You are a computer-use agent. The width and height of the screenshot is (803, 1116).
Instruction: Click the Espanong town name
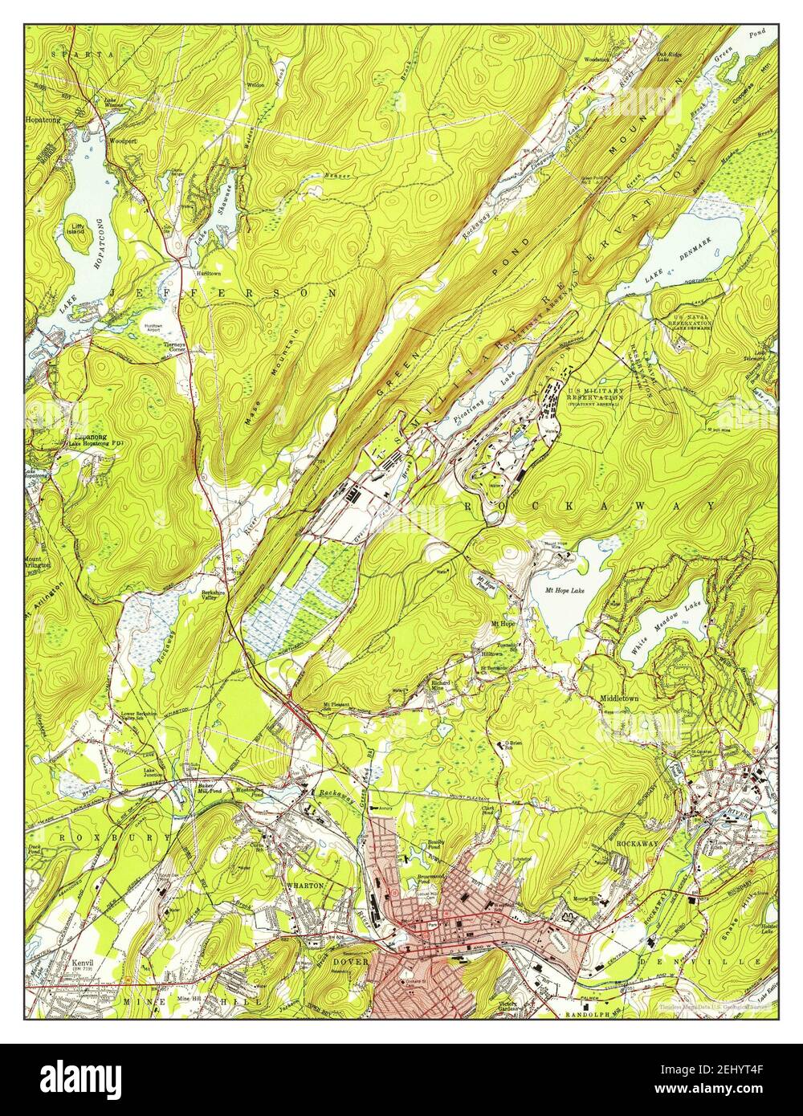click(x=90, y=437)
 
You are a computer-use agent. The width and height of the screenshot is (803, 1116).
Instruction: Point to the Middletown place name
click(x=619, y=699)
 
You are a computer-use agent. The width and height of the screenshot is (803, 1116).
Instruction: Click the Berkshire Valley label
click(x=213, y=596)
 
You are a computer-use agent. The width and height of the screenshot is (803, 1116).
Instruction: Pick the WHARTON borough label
click(x=307, y=885)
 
